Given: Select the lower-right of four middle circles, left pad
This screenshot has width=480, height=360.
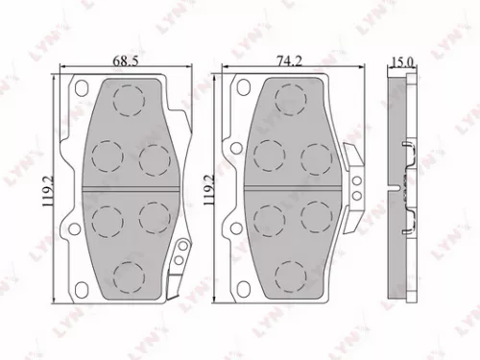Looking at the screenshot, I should pos(152,215).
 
